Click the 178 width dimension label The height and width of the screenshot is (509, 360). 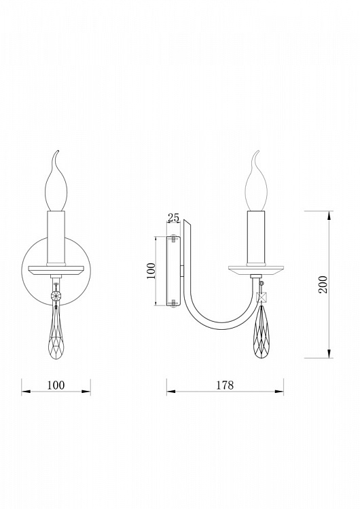click(225, 385)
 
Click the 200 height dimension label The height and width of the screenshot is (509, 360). click(323, 284)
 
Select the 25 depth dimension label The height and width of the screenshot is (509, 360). click(173, 217)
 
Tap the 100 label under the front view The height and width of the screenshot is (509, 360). click(56, 385)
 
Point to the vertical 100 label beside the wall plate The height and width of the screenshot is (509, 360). click(151, 271)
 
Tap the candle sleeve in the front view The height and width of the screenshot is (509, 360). click(56, 238)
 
